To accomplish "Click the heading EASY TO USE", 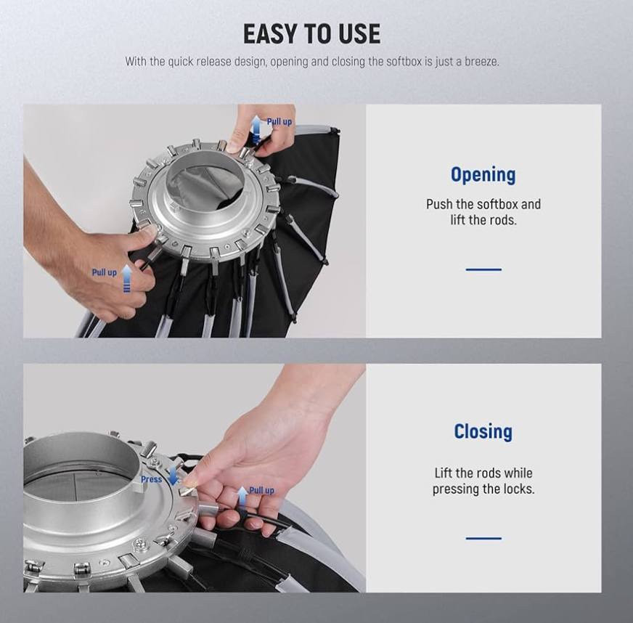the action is coord(311,33).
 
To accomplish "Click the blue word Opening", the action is coord(483,175).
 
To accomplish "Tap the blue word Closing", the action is coord(483,431).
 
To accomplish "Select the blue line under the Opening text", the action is coord(483,269).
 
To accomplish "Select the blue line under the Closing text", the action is coord(483,538).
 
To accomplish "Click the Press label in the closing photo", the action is coord(152,479).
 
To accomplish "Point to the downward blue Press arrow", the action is coord(173,476).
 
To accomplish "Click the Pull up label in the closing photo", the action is coord(261,490).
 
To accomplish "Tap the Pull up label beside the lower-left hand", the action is coord(104,272).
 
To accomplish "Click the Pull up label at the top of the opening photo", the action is coord(279,121).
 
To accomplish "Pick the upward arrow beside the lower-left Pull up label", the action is coord(127,279).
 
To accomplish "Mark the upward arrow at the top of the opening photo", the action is coord(256,129).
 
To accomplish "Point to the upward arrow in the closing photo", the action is coord(242,497).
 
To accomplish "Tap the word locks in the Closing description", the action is coord(519,489).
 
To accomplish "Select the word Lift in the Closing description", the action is coord(444,473).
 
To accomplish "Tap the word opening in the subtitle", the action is coord(289,62).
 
